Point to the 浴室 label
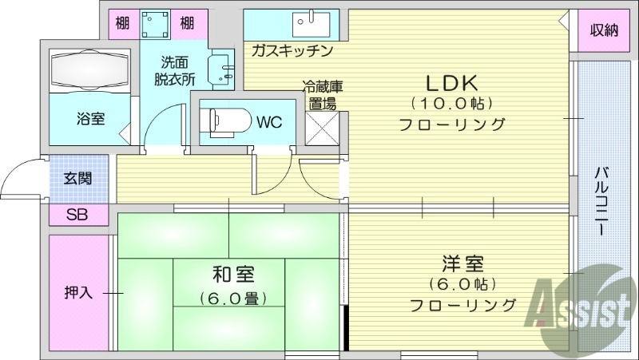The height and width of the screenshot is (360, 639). (x=90, y=120)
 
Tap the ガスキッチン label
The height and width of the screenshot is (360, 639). (x=291, y=50)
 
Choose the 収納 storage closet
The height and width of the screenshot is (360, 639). (x=605, y=31)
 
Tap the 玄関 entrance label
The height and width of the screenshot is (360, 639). (x=77, y=178)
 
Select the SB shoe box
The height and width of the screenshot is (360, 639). (x=77, y=214)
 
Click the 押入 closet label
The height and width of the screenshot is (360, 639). (x=78, y=292)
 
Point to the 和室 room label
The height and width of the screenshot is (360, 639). (x=232, y=275)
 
